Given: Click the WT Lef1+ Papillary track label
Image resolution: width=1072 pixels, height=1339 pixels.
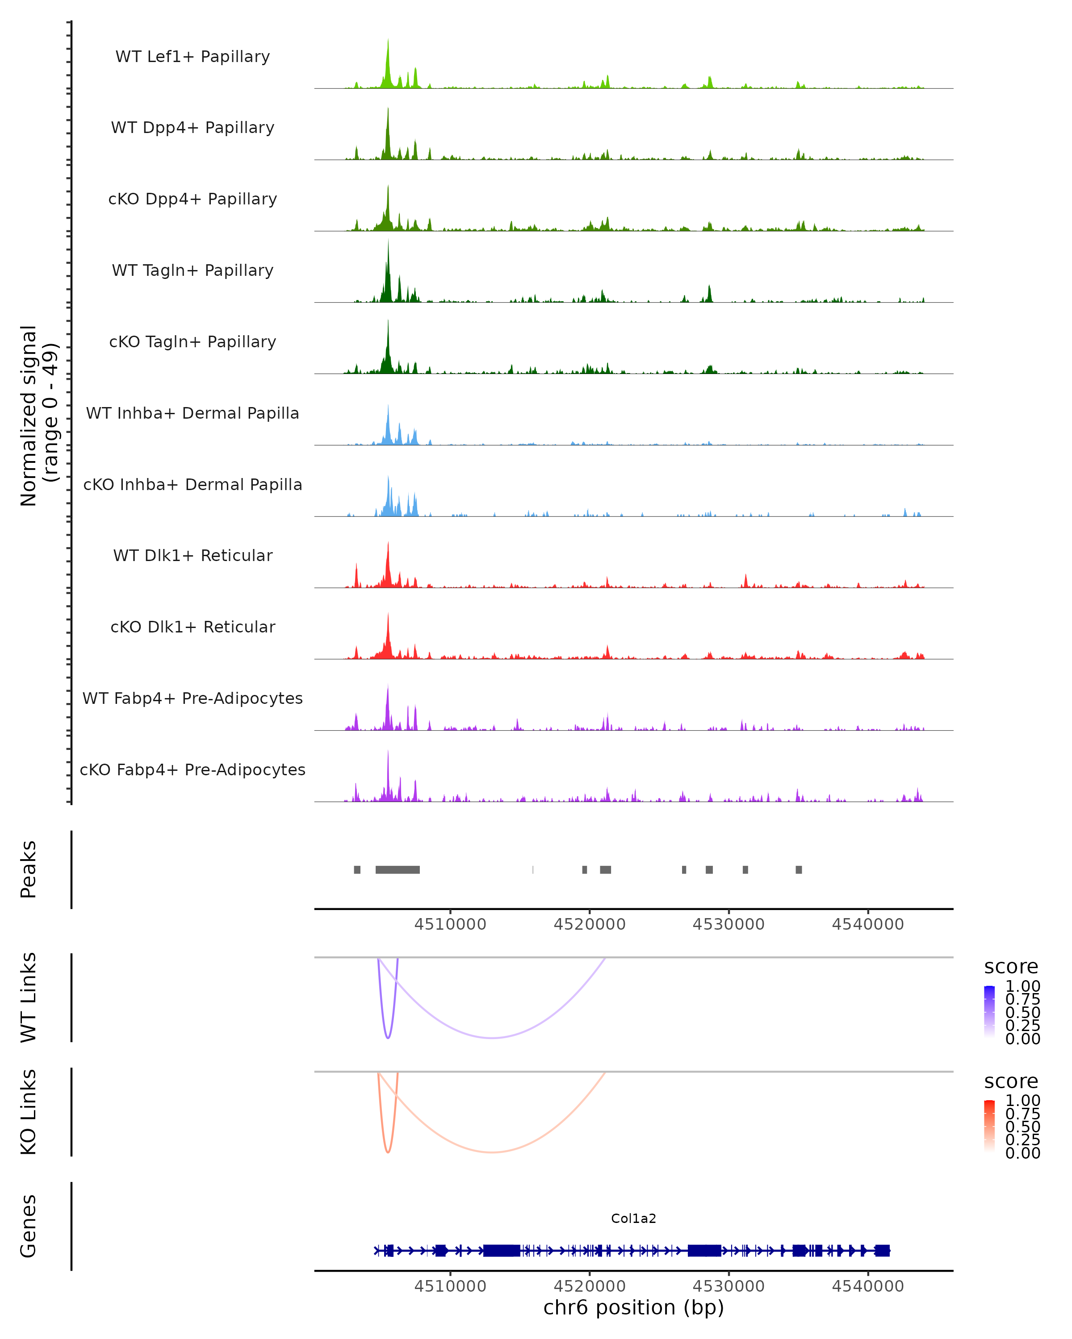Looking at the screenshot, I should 193,57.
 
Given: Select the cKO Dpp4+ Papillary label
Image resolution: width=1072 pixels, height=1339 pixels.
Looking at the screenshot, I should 193,199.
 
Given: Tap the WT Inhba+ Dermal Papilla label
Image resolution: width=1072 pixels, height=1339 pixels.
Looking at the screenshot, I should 193,413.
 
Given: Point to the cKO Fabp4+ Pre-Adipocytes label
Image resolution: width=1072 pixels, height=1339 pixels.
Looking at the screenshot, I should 193,769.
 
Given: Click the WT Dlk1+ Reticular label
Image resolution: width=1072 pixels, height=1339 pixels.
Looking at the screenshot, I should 193,555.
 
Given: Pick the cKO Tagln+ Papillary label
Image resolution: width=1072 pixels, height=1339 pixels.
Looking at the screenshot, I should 193,341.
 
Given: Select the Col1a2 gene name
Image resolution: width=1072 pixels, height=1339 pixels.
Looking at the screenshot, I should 633,1218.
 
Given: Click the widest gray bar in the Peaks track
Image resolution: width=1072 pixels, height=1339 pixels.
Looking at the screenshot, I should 398,869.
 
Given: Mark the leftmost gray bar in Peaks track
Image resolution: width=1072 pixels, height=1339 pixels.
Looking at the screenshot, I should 357,869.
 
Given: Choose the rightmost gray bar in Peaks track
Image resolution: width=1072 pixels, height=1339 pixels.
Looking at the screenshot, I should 799,869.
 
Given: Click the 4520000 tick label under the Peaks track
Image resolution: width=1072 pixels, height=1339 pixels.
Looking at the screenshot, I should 589,925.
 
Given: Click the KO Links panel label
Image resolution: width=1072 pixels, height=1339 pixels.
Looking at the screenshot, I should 29,1112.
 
